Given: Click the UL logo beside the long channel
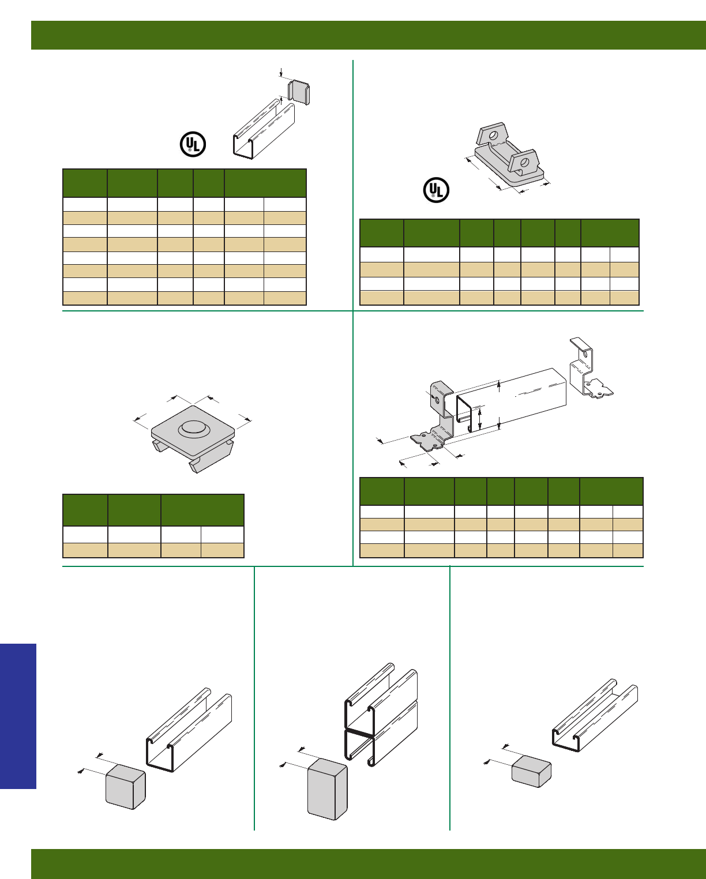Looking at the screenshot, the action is [x=193, y=144].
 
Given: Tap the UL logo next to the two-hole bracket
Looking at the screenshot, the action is [x=436, y=190].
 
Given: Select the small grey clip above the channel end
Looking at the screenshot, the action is [x=299, y=91].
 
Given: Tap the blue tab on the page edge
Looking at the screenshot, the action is [x=18, y=716].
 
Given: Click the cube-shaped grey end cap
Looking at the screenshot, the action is [x=125, y=786].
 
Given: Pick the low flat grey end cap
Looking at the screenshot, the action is [x=531, y=771].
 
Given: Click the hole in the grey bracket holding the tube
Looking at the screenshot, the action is [x=437, y=400].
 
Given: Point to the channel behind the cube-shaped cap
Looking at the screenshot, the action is [x=190, y=730].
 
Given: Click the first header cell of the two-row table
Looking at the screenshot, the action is [x=85, y=510].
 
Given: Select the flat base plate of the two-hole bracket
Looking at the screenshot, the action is [x=508, y=170].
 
